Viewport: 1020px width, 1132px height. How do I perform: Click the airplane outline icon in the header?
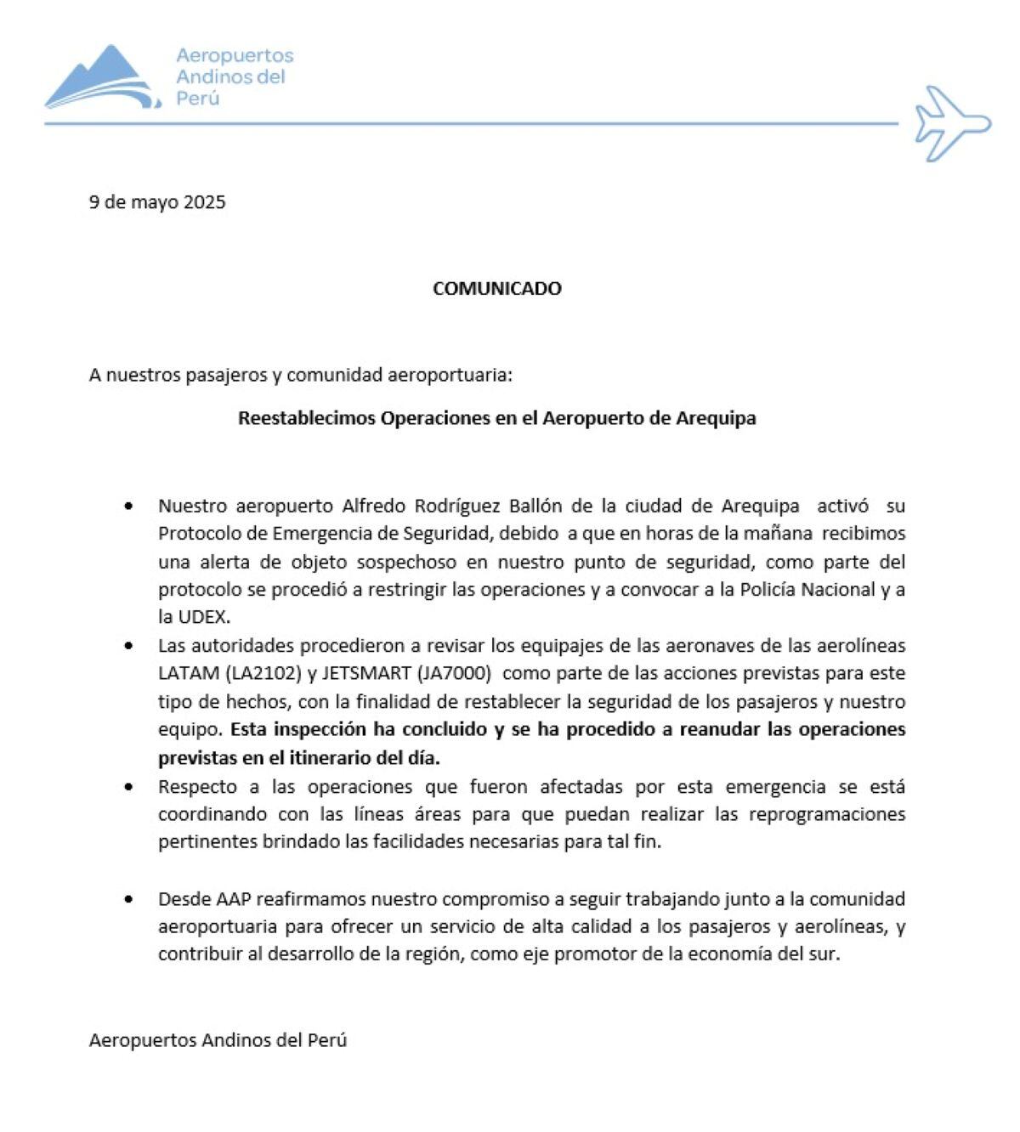[953, 123]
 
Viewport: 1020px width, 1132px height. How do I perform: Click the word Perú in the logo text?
[198, 99]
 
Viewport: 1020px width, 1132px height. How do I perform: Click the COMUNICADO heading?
[496, 288]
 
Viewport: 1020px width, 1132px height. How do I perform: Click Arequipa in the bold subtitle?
[716, 418]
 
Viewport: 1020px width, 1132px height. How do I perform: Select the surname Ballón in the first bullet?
[535, 507]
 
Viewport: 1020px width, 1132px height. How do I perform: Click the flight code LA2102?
[263, 674]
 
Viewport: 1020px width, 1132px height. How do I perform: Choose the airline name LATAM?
[189, 674]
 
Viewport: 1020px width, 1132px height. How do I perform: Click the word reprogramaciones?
[826, 814]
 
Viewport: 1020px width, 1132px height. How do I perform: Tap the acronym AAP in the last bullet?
[234, 899]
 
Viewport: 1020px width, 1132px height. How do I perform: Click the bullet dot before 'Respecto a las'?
[128, 787]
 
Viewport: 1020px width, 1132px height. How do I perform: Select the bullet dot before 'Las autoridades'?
[128, 647]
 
